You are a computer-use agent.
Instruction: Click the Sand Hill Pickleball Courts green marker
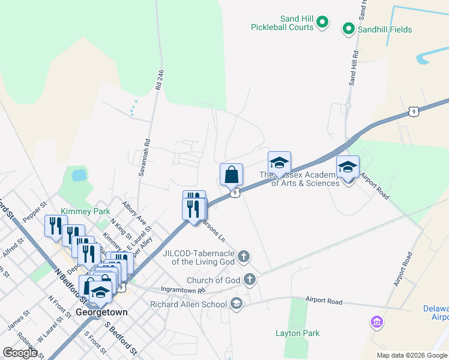pos(322,23)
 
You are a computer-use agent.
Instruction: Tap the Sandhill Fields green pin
pos(348,28)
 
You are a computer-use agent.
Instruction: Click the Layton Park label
pos(297,333)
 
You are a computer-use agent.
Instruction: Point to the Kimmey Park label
pos(77,211)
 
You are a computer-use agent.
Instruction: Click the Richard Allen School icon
pos(236,303)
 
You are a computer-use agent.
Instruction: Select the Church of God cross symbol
pos(249,280)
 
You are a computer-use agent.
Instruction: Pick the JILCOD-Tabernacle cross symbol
pos(243,257)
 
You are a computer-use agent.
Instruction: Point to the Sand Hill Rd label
pos(354,66)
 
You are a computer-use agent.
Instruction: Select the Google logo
pos(20,352)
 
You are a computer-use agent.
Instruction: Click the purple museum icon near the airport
pos(376,323)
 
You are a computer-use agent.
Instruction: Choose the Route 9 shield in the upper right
pos(413,111)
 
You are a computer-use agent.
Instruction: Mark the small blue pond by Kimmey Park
pos(78,176)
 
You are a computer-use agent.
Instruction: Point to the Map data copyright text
pos(412,355)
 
